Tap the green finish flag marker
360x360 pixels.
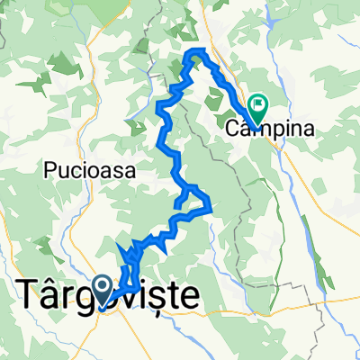[257, 109]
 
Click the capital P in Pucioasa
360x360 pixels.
[48, 168]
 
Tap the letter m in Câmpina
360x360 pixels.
[259, 129]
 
